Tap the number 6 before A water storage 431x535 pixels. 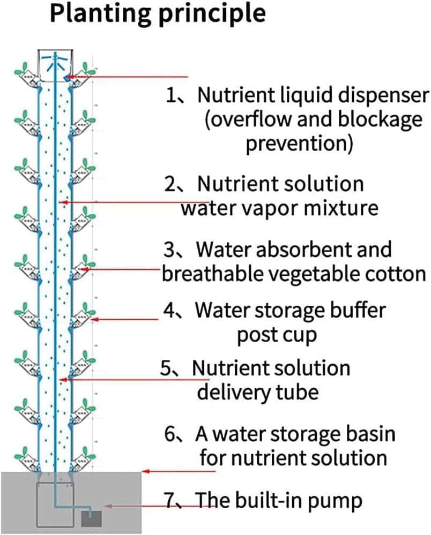[170, 434]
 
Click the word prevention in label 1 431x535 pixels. [299, 144]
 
